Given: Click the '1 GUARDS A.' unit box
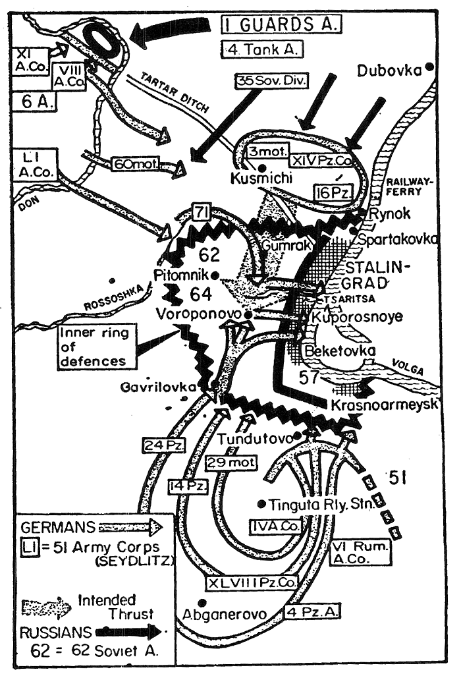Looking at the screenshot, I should click(x=281, y=25).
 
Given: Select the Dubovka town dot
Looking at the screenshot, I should click(x=429, y=67).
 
